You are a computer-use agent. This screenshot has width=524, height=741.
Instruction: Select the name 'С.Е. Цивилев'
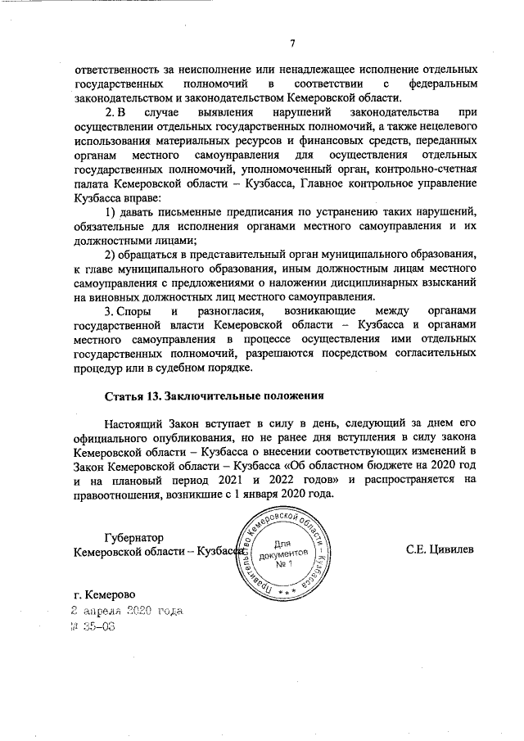click(439, 549)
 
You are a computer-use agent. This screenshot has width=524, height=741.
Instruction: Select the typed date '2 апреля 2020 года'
click(128, 611)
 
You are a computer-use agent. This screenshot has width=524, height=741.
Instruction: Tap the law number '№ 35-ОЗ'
click(93, 626)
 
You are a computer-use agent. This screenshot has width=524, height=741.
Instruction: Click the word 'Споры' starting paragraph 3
click(132, 312)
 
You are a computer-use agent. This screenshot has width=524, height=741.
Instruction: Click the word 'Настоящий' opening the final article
click(136, 422)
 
